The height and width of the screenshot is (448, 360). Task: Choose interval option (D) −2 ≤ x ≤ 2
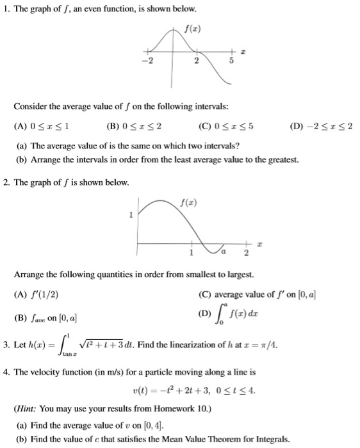[x=318, y=125]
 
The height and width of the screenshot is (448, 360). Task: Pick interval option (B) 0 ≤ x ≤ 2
[x=135, y=125]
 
